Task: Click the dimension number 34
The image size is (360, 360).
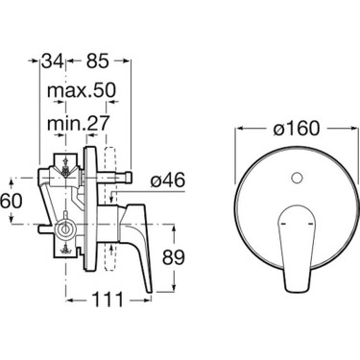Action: tap(52, 60)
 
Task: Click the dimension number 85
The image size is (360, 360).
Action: tap(98, 60)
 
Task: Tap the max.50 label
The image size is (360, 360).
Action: tap(81, 91)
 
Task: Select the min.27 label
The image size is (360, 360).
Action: tap(79, 123)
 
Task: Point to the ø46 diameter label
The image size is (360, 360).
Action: tap(168, 180)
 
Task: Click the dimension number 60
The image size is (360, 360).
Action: tap(12, 201)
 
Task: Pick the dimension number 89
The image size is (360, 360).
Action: tap(174, 257)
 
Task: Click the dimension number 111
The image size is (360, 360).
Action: tap(108, 300)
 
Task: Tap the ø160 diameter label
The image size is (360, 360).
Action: tap(297, 129)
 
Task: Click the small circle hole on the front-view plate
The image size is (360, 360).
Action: tap(298, 178)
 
